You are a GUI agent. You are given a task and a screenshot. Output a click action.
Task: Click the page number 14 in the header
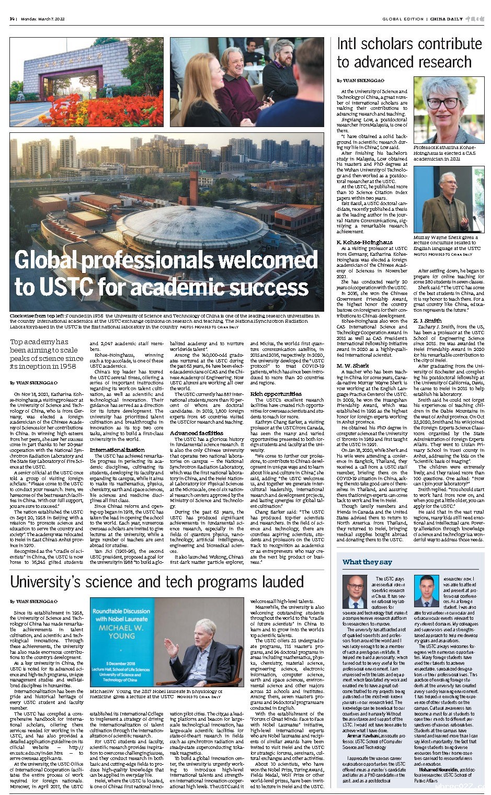[12, 19]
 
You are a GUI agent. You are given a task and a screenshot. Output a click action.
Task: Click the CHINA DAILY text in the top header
[447, 19]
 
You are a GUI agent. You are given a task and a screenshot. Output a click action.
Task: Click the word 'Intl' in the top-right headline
[348, 43]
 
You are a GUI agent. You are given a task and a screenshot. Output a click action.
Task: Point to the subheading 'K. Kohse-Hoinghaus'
[364, 242]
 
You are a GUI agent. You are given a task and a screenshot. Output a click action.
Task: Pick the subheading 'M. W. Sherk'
[353, 365]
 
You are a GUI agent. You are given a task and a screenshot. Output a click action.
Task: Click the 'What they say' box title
[367, 562]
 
